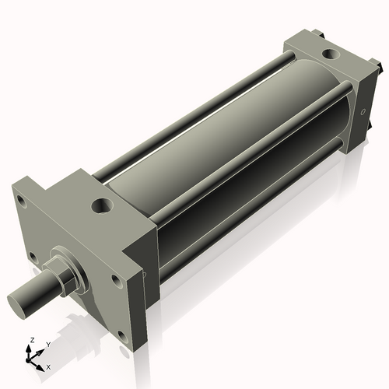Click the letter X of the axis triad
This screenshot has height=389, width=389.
(49, 366)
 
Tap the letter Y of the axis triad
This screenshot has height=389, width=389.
(47, 344)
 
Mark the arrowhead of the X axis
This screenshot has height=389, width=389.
(42, 363)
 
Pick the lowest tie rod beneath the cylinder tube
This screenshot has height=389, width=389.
(249, 210)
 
